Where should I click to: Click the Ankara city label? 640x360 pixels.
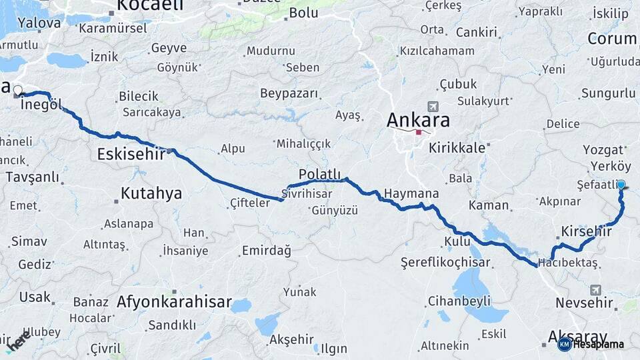click(x=419, y=121)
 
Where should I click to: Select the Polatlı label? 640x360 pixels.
click(x=321, y=174)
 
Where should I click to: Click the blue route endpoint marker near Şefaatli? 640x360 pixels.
click(x=621, y=185)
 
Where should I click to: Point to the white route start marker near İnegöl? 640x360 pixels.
click(x=18, y=90)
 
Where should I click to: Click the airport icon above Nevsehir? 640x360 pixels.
click(x=595, y=290)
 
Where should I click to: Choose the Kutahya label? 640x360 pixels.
click(x=151, y=194)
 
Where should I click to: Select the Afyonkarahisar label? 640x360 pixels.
click(x=174, y=302)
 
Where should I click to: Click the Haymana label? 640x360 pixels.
click(x=412, y=193)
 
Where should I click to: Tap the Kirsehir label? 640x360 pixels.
click(x=587, y=231)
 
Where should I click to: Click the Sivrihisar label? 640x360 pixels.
click(x=307, y=194)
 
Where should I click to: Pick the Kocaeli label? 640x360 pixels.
click(x=150, y=6)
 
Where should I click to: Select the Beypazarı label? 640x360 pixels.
click(x=289, y=93)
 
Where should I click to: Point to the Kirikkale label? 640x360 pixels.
click(x=457, y=148)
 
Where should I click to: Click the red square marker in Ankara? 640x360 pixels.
click(x=418, y=132)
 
